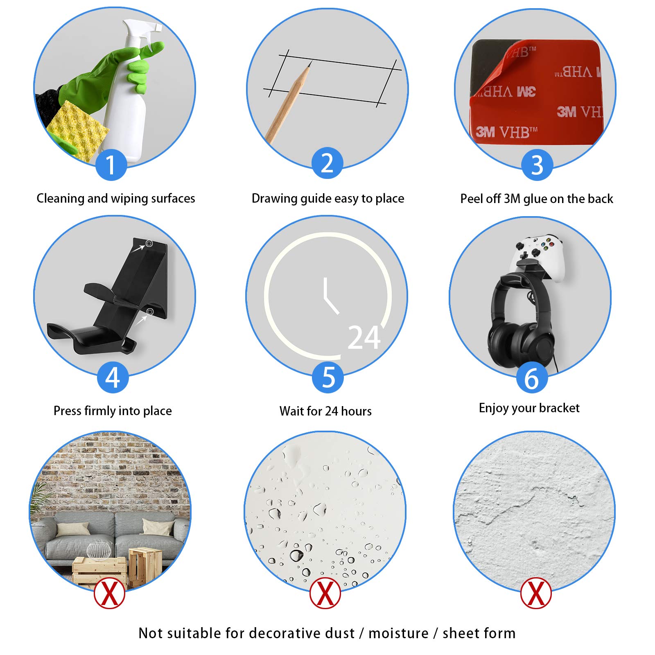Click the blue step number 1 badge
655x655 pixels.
coord(111,165)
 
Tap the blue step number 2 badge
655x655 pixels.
coord(327,163)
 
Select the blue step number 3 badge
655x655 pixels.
coord(537,165)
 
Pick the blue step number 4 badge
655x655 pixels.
coord(113,377)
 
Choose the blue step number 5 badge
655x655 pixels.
coord(328,377)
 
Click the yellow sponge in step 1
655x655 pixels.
coord(78,130)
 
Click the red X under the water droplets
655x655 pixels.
coord(325,593)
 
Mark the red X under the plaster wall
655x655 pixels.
coord(536,593)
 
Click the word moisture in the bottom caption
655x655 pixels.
coord(398,633)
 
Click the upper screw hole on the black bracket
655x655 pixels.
coord(149,244)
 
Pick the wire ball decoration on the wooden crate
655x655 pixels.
coord(98,549)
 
